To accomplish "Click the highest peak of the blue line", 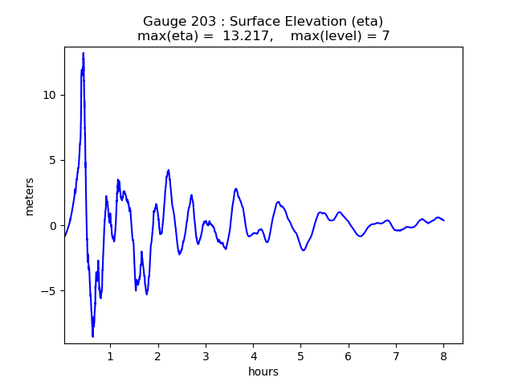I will tap(83, 53).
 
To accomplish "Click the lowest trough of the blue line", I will tap(92, 336).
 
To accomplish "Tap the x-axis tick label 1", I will tap(110, 355).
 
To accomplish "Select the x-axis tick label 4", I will tap(253, 355).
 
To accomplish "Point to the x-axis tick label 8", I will tap(443, 355).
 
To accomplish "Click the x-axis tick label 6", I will tap(348, 355).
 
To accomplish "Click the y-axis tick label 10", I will tap(50, 95).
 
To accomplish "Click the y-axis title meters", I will tap(30, 196).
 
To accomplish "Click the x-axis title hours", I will tap(263, 372).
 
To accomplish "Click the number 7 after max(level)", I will tap(385, 36).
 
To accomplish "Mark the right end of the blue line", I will tap(444, 220).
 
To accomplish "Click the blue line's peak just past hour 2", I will tap(169, 170).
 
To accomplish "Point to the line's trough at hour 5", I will tap(304, 250).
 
